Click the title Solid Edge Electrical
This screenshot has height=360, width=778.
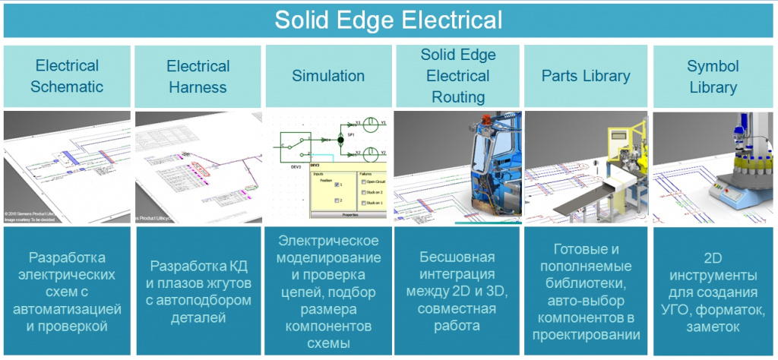(x=388, y=20)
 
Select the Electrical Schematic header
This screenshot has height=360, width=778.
(x=67, y=76)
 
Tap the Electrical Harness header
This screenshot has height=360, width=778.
(x=198, y=77)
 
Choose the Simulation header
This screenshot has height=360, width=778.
(x=328, y=76)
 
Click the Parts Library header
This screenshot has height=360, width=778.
(x=586, y=76)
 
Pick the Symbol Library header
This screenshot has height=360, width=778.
(x=713, y=76)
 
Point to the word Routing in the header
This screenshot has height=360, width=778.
(x=458, y=96)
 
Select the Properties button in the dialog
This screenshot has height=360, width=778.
(x=350, y=215)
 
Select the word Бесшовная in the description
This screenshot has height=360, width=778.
(x=458, y=256)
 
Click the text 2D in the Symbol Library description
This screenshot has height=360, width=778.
(x=713, y=256)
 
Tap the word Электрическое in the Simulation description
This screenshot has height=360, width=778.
(x=327, y=242)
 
